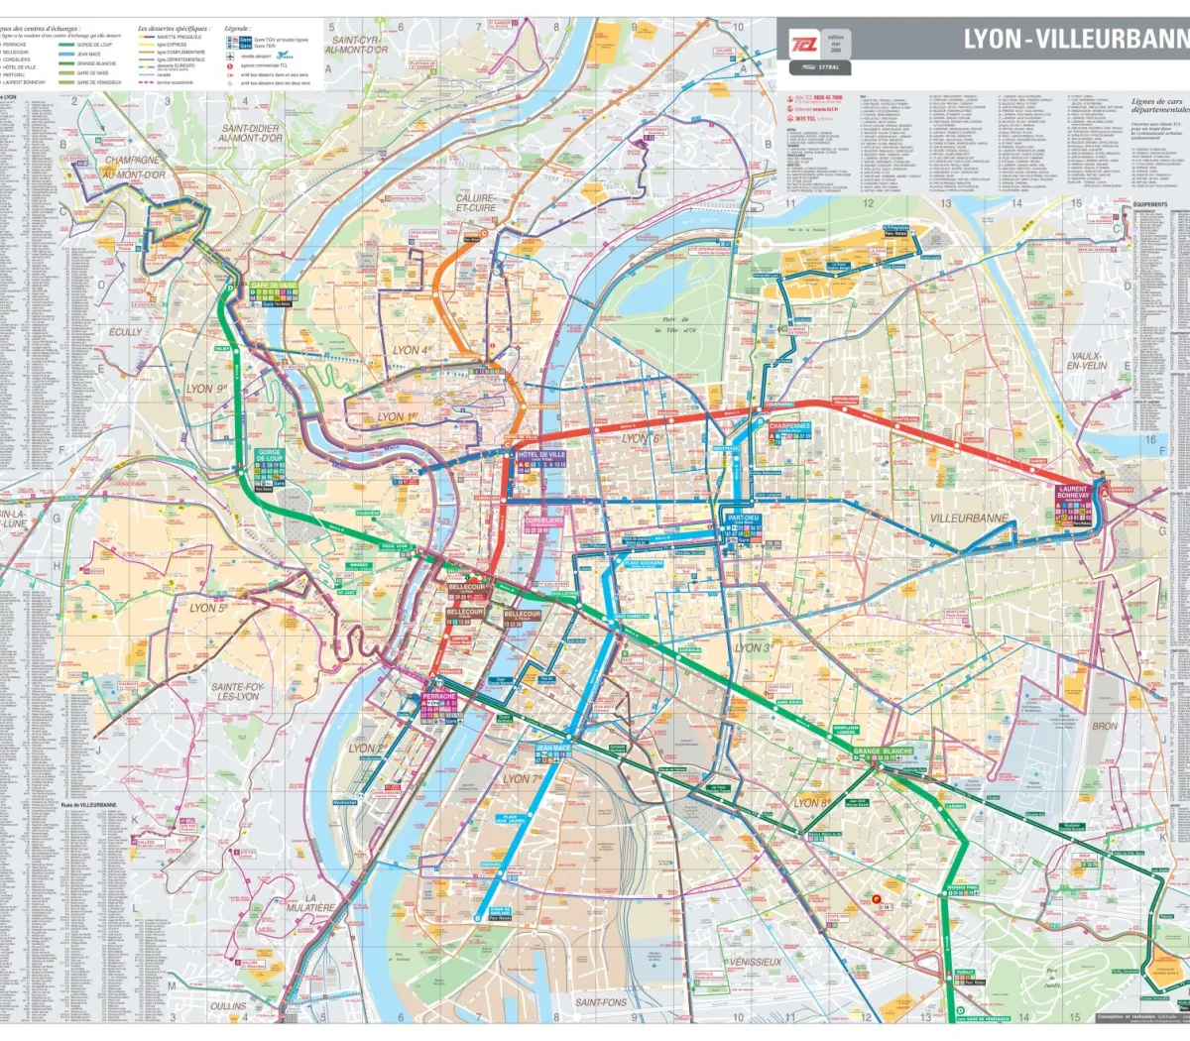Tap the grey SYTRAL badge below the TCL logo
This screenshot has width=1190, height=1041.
(x=819, y=67)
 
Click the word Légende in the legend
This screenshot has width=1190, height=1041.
(x=238, y=30)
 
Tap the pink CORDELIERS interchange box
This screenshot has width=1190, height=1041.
(x=543, y=521)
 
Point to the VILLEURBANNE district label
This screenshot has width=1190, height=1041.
(x=969, y=519)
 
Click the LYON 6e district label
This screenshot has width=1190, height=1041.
(x=641, y=438)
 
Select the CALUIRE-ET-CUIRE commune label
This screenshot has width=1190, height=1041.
(x=476, y=203)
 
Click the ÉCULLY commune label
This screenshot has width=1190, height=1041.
(x=126, y=332)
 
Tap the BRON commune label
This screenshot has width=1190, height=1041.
(x=1104, y=726)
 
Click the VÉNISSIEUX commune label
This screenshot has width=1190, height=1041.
(x=755, y=962)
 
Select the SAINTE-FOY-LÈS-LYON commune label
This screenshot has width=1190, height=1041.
(x=234, y=692)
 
